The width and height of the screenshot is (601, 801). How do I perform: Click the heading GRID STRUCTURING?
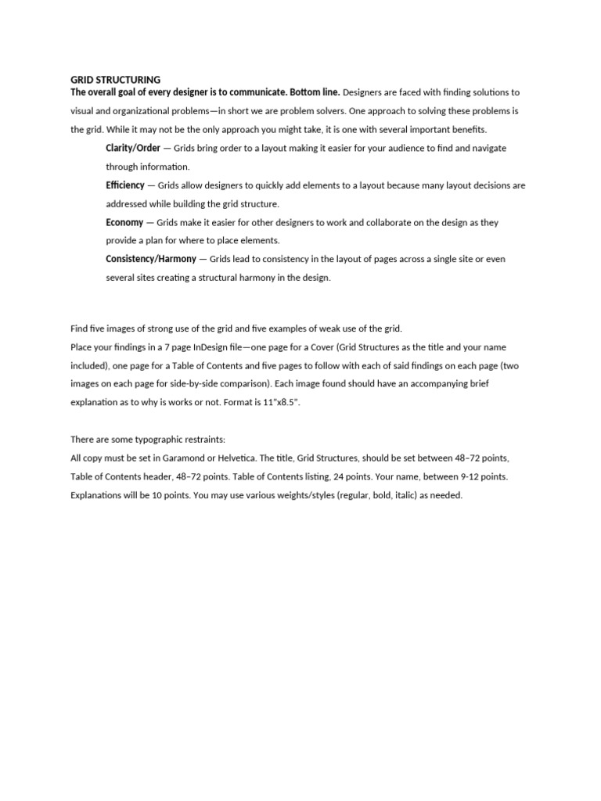point(115,80)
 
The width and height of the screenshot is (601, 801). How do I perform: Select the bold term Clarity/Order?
point(133,148)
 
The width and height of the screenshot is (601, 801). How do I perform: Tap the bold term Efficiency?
point(125,185)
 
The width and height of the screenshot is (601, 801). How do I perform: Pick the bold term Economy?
point(124,222)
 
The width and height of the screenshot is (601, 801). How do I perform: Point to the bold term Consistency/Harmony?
point(151,259)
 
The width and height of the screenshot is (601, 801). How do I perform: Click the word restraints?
point(203,440)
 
